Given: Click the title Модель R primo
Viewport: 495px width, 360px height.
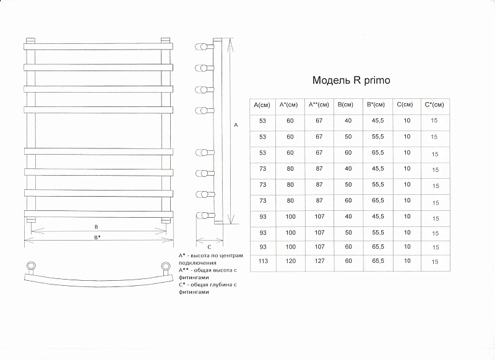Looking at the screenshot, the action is click(x=351, y=80).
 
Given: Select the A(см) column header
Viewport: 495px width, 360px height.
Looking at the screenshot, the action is click(x=262, y=105).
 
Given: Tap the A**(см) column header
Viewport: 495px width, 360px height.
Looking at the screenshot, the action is click(x=319, y=105).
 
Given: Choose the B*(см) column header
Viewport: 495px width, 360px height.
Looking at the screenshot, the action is click(x=376, y=105).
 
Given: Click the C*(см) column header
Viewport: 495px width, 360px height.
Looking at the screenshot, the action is click(x=434, y=105).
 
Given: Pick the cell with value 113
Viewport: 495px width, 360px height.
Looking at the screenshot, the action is click(x=263, y=261).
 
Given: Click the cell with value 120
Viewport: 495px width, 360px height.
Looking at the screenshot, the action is click(x=290, y=261).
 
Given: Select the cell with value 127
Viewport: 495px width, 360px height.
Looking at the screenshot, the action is click(x=319, y=261).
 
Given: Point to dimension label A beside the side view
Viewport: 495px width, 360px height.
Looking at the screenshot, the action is click(x=236, y=126).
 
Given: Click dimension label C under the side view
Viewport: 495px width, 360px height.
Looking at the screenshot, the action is click(x=209, y=247).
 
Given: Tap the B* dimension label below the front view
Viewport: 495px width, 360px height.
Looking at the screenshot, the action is click(x=97, y=238).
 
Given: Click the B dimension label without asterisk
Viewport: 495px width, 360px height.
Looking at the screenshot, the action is click(x=97, y=227).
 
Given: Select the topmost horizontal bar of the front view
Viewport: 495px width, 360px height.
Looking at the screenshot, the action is click(x=98, y=46).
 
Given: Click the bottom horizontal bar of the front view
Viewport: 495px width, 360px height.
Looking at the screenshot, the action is click(x=98, y=214).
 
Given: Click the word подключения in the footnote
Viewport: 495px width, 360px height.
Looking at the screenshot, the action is click(x=197, y=263).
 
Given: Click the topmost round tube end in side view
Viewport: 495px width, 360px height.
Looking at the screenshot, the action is click(x=200, y=47).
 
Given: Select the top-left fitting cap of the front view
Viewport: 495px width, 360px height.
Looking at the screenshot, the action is click(x=30, y=41).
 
